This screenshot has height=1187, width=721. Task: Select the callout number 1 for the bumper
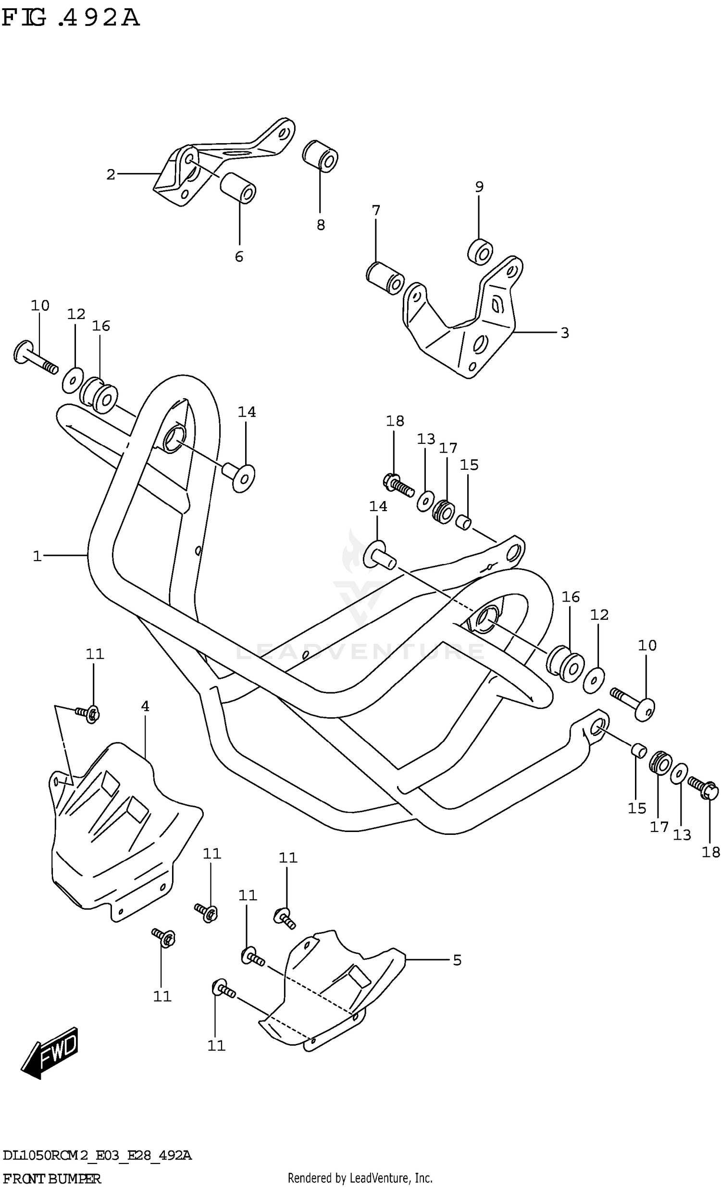(x=37, y=556)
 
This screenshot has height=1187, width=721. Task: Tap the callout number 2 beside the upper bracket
(x=111, y=174)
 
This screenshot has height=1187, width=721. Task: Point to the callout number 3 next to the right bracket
(x=565, y=333)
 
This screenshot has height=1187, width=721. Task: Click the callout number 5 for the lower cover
(x=457, y=960)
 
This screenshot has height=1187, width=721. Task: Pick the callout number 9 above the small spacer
(x=479, y=187)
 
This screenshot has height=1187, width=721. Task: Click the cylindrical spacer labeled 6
(x=238, y=188)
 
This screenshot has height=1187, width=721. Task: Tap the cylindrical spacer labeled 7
(x=385, y=278)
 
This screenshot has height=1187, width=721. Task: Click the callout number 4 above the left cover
(x=145, y=706)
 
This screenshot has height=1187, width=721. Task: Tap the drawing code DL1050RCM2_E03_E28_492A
(x=97, y=1155)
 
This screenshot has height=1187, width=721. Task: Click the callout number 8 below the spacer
(x=321, y=225)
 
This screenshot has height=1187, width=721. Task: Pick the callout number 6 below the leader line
(x=239, y=257)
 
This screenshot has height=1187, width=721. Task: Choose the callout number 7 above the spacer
(x=376, y=210)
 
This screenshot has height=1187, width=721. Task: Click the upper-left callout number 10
(x=40, y=306)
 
